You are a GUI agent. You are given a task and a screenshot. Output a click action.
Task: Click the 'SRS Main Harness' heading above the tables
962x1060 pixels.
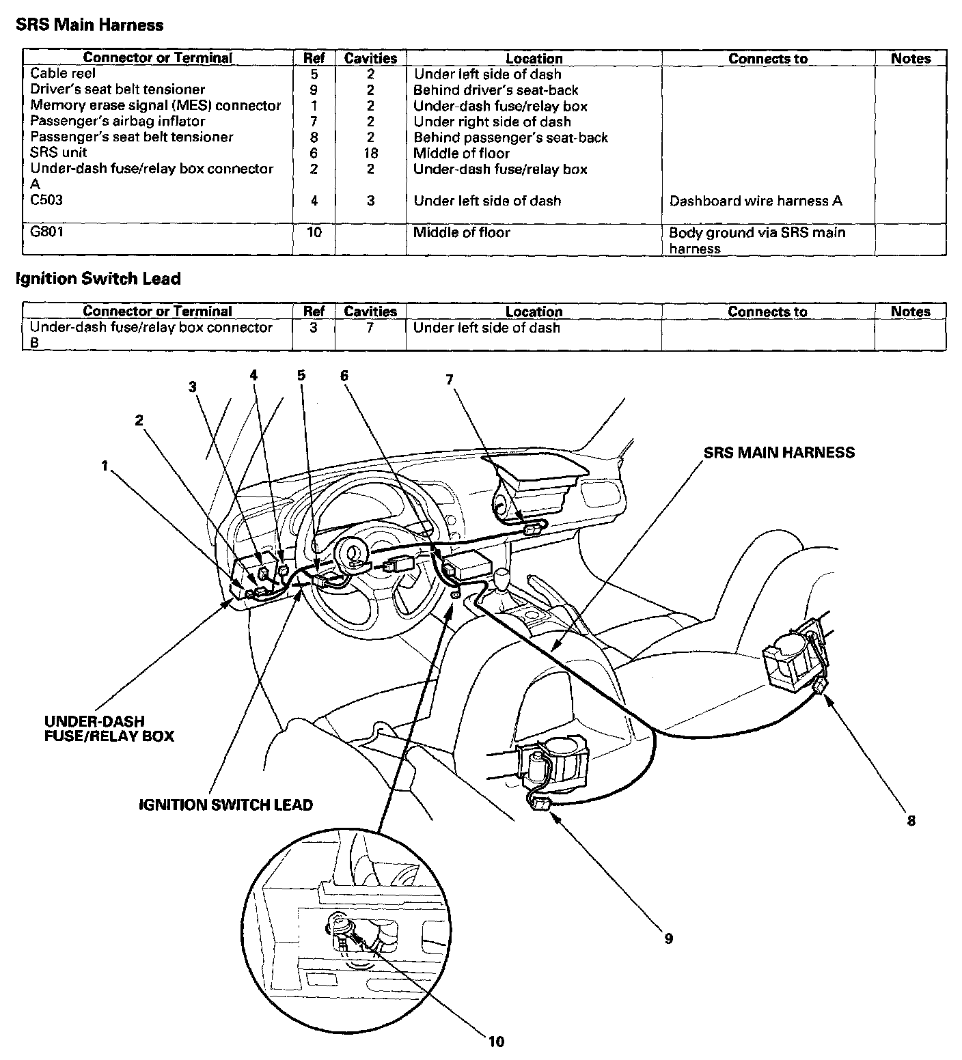90,25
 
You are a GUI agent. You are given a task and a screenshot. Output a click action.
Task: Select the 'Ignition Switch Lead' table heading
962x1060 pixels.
98,279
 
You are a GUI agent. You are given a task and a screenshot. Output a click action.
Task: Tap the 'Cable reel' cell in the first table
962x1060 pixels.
63,74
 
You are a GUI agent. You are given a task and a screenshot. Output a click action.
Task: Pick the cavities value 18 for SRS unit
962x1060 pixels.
370,153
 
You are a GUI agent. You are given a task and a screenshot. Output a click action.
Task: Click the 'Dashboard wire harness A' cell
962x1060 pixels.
756,201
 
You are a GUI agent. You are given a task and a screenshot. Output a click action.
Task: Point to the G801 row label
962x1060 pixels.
46,232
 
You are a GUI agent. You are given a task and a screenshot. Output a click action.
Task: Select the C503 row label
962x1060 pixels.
46,200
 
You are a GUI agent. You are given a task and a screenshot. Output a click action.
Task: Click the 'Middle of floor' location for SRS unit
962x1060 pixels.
461,153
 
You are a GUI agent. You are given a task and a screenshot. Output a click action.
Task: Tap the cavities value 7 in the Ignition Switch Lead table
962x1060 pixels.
370,328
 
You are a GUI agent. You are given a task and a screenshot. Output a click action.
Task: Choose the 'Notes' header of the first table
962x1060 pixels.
911,59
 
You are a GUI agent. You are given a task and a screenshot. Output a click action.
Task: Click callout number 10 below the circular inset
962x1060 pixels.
496,1041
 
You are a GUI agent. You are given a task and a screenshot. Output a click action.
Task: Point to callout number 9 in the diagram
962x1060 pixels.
669,938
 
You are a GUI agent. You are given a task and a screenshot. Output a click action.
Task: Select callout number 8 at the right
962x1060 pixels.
911,820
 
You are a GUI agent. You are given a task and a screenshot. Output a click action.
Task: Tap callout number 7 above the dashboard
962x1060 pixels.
450,380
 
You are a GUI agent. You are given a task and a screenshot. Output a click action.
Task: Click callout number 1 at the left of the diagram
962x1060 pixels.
105,466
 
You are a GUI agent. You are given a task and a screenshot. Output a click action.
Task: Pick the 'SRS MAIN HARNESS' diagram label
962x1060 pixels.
779,452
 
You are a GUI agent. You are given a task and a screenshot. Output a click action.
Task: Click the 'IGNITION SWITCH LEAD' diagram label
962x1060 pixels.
225,805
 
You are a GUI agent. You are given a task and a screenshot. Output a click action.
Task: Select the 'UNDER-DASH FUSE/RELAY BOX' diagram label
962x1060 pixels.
109,729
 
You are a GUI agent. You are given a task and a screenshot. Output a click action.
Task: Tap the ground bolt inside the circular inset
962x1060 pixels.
338,927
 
